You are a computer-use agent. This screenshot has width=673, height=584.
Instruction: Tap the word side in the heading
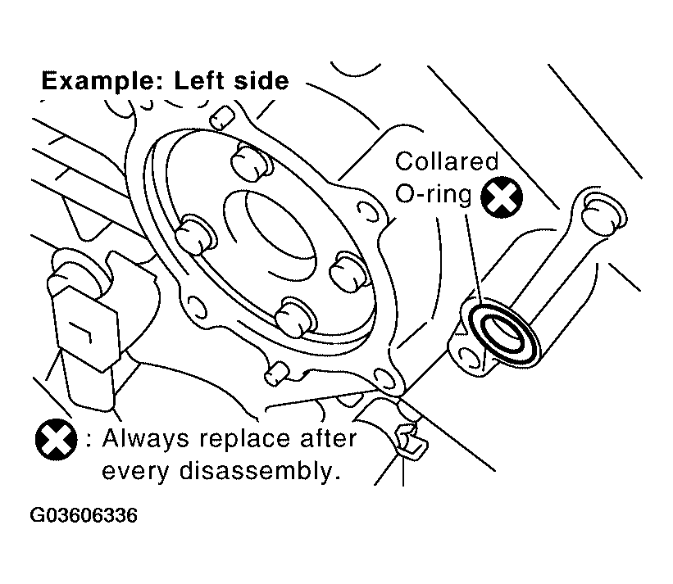tap(259, 80)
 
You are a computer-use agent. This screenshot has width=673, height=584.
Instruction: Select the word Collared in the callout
tap(447, 161)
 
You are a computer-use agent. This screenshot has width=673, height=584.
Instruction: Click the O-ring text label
tap(433, 194)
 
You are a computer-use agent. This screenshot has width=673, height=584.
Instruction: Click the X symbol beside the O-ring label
tap(502, 197)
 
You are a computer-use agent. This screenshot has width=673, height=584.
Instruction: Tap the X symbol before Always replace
tap(57, 440)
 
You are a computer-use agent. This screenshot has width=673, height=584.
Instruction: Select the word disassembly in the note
tap(260, 472)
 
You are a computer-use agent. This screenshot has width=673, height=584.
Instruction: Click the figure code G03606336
tap(84, 515)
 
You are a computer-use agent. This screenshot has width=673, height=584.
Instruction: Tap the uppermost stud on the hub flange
tap(252, 162)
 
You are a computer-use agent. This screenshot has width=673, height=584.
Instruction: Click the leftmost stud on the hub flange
tap(195, 234)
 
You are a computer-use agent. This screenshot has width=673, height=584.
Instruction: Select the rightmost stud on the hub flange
tap(348, 271)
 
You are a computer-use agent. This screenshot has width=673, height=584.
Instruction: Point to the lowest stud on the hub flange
tap(295, 316)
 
